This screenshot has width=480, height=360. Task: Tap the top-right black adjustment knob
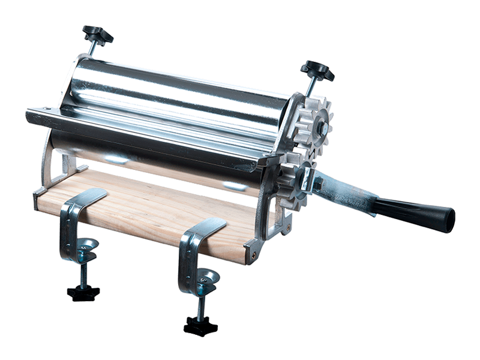[317, 70]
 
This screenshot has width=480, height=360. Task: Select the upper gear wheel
[312, 123]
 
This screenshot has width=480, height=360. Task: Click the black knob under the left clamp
[83, 293]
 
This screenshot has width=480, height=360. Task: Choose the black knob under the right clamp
[200, 326]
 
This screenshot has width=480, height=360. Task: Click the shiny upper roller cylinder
[180, 90]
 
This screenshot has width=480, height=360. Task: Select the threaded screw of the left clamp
[83, 273]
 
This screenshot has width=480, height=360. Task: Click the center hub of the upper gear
[322, 127]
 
